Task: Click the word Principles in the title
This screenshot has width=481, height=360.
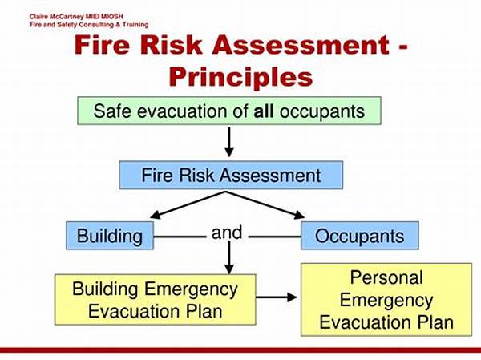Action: [x=240, y=77]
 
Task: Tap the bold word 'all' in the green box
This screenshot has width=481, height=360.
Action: [x=264, y=111]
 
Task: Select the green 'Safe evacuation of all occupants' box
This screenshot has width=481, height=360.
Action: [x=229, y=111]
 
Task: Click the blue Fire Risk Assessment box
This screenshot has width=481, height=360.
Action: [x=231, y=175]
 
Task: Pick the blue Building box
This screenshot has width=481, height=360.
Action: [x=110, y=236]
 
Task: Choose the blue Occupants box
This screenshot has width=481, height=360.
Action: [x=359, y=236]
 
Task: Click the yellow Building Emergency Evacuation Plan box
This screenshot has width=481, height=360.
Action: [x=156, y=300]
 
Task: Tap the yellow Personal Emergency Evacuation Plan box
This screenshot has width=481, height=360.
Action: [x=386, y=300]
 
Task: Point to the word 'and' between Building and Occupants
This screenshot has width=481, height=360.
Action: [x=227, y=233]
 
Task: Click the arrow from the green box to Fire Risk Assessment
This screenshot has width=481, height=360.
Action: [x=229, y=142]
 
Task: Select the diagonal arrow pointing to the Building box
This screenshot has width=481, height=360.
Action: [x=188, y=205]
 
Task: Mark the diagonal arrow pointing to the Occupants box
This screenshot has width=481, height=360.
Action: [x=265, y=205]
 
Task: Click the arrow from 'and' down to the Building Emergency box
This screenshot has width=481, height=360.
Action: [x=229, y=257]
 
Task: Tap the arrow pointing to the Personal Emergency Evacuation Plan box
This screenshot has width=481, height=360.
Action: [x=277, y=297]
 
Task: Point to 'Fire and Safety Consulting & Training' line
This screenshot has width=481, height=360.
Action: [x=89, y=25]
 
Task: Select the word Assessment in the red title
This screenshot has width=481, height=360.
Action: [x=301, y=45]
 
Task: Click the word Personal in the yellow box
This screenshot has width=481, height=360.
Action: [x=386, y=277]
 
